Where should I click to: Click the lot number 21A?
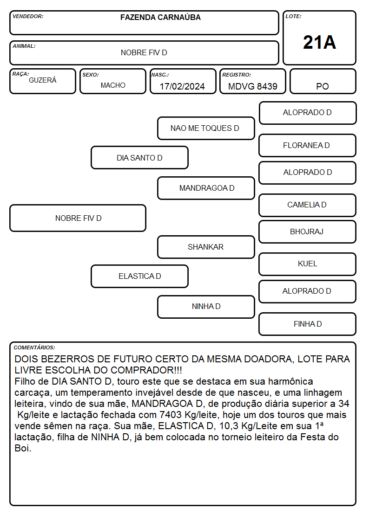pyautogui.click(x=319, y=43)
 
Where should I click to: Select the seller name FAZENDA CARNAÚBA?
pyautogui.click(x=160, y=17)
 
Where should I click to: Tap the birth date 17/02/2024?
pyautogui.click(x=182, y=86)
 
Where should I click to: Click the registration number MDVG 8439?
pyautogui.click(x=252, y=86)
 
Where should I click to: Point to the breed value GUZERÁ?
pyautogui.click(x=43, y=80)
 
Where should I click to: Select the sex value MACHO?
pyautogui.click(x=113, y=85)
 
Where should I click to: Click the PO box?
pyautogui.click(x=323, y=82)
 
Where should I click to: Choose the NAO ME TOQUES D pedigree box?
pyautogui.click(x=206, y=128)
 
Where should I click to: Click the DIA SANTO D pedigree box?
pyautogui.click(x=139, y=158)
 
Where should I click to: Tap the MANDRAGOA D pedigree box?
pyautogui.click(x=206, y=188)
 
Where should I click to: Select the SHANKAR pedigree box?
pyautogui.click(x=206, y=247)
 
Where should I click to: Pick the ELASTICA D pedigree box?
pyautogui.click(x=139, y=277)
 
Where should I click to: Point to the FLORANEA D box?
pyautogui.click(x=308, y=146)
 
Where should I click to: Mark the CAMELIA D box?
pyautogui.click(x=308, y=206)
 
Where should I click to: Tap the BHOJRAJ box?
pyautogui.click(x=308, y=232)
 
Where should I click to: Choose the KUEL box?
pyautogui.click(x=308, y=264)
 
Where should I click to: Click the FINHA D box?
pyautogui.click(x=308, y=324)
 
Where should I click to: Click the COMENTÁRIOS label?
pyautogui.click(x=34, y=347)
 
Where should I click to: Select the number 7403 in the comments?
pyautogui.click(x=170, y=415)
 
